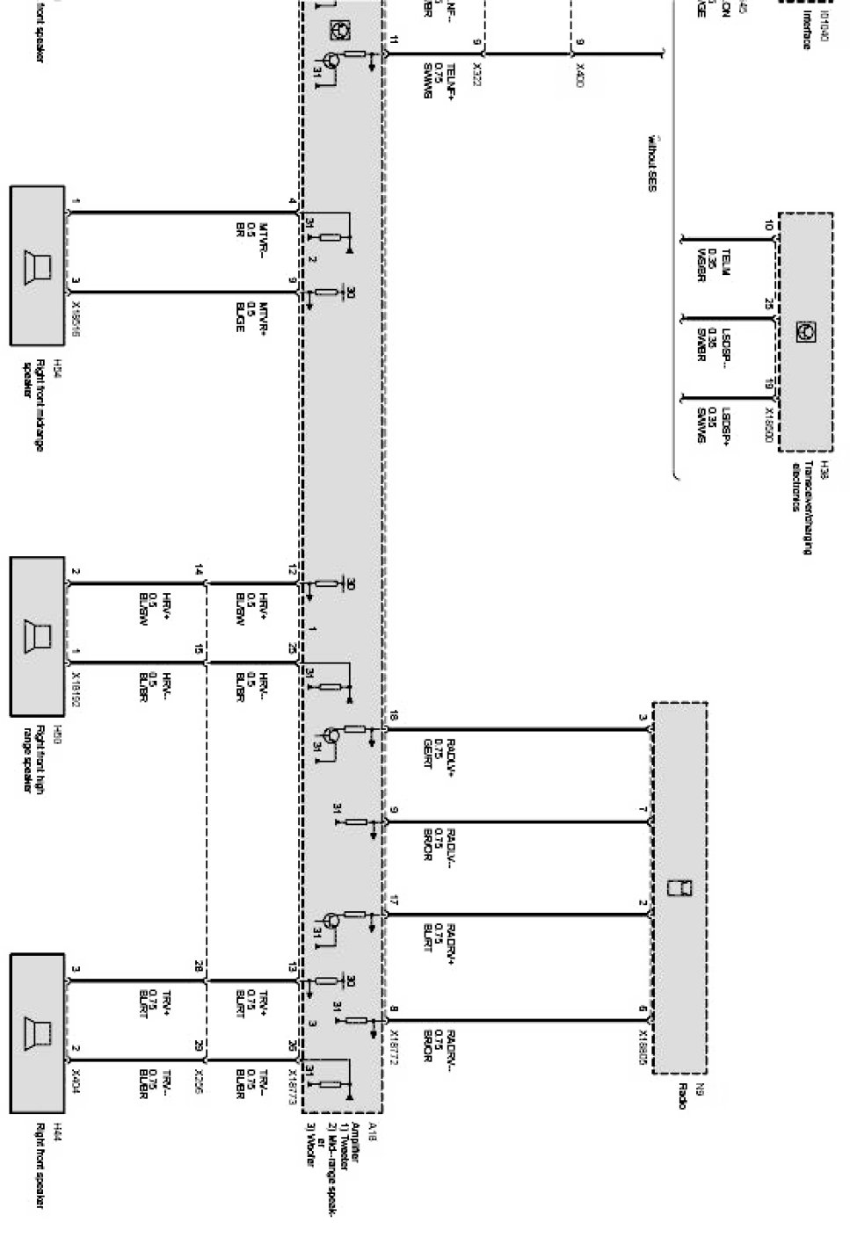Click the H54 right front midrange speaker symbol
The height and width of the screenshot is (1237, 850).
coord(37,264)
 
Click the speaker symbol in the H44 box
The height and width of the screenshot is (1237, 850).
coord(37,1032)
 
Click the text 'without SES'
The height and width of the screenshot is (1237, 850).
coord(651,163)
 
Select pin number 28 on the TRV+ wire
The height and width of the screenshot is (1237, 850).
coord(199,965)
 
